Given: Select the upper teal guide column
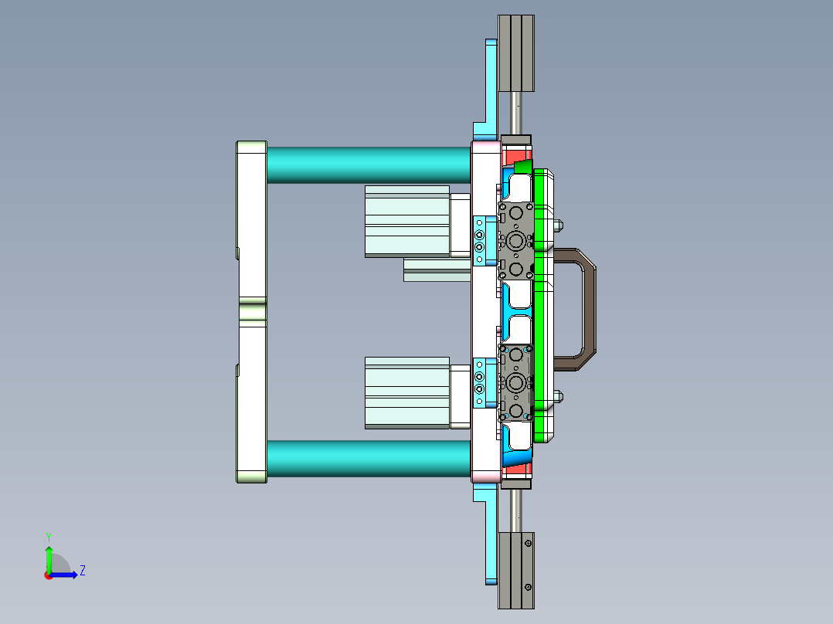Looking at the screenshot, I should point(369,164).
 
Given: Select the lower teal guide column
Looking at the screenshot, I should point(369,458).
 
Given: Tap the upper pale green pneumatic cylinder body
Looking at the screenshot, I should point(406,221).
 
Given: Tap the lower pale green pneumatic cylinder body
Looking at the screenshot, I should point(406,392).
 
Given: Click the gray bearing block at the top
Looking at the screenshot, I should point(516,53).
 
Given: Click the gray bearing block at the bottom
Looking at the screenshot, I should point(516,569).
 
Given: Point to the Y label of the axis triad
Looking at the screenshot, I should point(48,536).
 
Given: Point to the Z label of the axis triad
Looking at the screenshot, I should point(82,571).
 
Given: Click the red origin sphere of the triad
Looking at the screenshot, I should point(49,575).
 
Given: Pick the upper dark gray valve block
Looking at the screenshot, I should point(516,240).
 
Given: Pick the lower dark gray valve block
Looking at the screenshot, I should point(516,382).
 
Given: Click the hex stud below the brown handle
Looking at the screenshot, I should point(559,398).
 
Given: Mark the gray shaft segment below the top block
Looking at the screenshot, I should point(516,113).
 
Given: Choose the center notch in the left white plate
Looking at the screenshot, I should point(252,311).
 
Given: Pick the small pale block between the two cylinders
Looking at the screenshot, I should point(437,270).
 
